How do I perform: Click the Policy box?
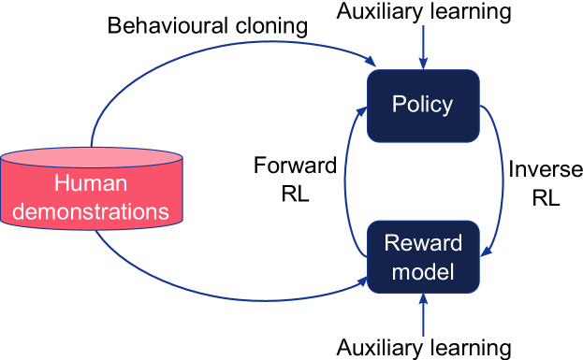[423, 105]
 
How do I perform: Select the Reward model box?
[423, 257]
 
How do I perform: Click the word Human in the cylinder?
[91, 182]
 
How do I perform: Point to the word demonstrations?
[91, 210]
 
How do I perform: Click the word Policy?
[423, 104]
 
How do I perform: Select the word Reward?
[423, 243]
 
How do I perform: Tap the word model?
[423, 272]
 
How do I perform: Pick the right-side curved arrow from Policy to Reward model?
[503, 178]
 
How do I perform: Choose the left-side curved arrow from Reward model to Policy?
[345, 178]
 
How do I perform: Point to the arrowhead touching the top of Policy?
[423, 64]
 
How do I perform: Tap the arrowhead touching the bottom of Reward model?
[423, 299]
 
